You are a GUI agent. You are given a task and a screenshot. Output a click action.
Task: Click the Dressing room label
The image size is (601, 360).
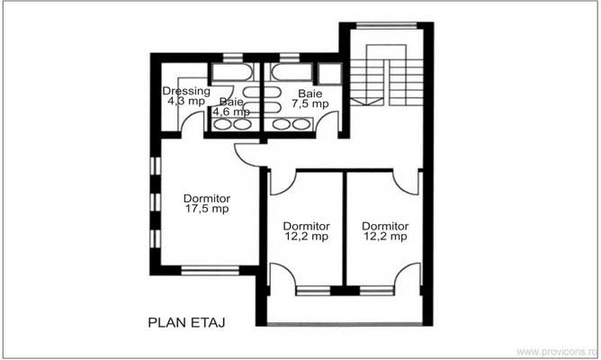[x=186, y=91]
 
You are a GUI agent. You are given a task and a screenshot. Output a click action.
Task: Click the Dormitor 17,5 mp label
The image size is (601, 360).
[x=206, y=203]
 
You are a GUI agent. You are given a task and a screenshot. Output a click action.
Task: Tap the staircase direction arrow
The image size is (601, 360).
[x=368, y=101]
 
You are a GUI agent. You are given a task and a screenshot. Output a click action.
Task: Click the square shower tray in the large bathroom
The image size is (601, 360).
[x=329, y=74]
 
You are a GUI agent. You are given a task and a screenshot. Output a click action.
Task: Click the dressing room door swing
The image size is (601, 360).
[x=191, y=124]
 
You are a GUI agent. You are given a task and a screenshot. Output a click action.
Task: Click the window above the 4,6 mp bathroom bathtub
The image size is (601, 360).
[x=233, y=58]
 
